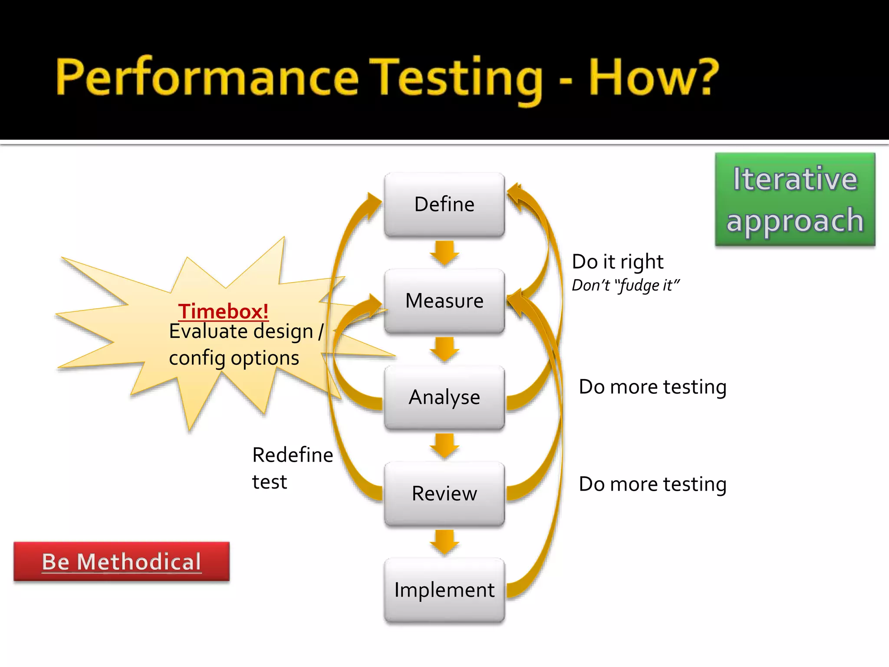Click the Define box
coord(444,205)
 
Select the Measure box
coord(444,301)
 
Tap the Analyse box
coord(444,397)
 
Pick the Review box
coord(444,494)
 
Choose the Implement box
coord(444,590)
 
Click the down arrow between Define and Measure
coord(444,253)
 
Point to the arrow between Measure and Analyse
coord(444,349)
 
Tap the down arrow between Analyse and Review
coord(444,446)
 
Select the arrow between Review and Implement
coord(444,542)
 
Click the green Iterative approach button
coord(795,200)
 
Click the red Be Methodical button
coord(122,561)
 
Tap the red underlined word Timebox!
coord(223,311)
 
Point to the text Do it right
coord(617,262)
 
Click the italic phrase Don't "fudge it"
coord(625,285)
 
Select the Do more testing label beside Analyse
coord(652,387)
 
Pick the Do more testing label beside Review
coord(652,484)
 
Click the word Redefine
coord(293,455)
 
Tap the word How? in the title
coord(654,78)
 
